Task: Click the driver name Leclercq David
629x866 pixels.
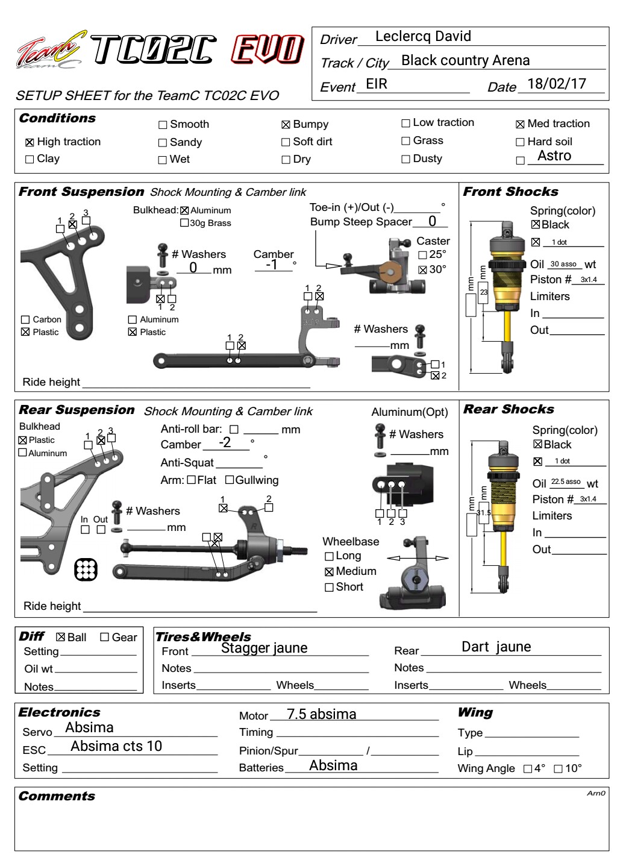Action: coord(423,36)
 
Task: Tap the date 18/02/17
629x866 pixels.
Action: coord(556,84)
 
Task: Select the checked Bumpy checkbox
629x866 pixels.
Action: coord(286,125)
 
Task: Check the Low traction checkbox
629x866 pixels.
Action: coord(405,123)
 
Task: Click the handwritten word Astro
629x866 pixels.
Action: coord(554,155)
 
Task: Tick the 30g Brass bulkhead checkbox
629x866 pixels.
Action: coord(184,223)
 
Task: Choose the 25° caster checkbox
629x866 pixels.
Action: coord(422,255)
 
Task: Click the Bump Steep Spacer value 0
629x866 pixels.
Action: coord(432,221)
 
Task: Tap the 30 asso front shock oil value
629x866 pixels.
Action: coord(563,264)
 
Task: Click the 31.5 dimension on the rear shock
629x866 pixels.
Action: coord(483,513)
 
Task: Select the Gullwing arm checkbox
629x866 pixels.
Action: coord(230,480)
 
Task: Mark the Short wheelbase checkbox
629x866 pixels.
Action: coord(329,587)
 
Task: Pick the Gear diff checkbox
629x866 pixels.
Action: coord(104,637)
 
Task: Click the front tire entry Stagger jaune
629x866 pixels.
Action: coord(264,648)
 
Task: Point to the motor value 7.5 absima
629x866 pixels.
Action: coord(321,714)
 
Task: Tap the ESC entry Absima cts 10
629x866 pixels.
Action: coord(116,745)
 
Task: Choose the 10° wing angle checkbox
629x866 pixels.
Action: coord(558,768)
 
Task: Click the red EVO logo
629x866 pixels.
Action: coord(268,49)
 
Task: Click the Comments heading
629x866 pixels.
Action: coord(57,796)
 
